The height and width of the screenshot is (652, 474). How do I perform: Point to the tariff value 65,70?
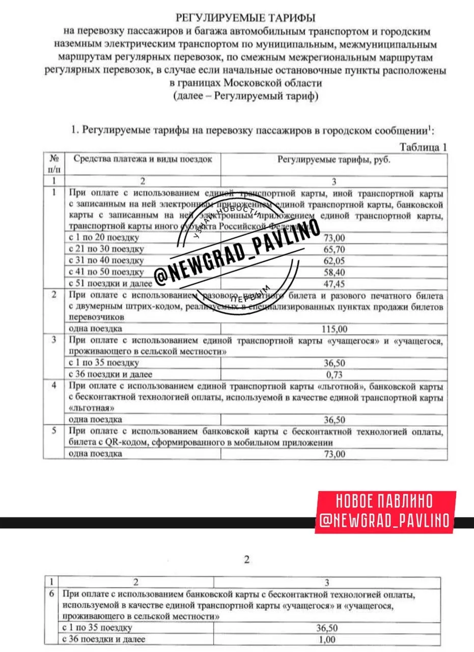(334, 249)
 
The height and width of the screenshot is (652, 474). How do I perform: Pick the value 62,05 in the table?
(334, 260)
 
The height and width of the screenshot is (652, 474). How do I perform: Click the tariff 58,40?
(334, 271)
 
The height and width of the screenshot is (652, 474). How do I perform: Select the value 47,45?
(334, 283)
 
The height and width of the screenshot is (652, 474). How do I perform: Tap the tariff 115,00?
(334, 329)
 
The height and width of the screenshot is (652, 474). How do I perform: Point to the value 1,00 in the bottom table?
(327, 639)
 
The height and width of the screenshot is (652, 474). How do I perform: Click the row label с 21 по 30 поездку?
(106, 249)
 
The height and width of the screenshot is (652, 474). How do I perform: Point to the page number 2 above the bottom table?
(247, 560)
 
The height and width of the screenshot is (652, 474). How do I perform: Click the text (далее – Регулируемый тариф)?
(245, 96)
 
